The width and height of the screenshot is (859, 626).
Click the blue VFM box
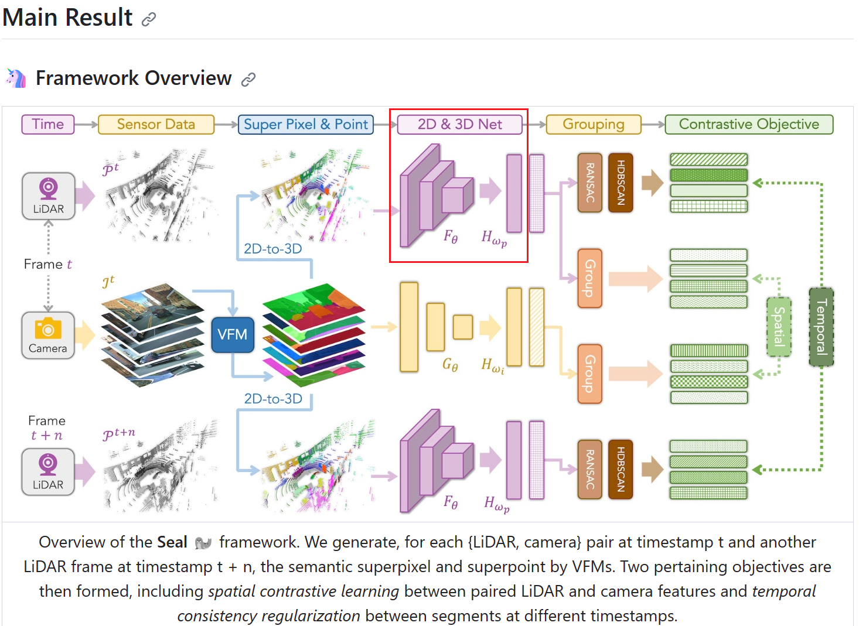[232, 334]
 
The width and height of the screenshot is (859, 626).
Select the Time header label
[48, 124]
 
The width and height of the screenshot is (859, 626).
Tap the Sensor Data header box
[156, 124]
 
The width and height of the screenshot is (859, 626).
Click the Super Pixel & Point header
[305, 124]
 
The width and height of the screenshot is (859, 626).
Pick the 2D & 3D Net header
[459, 124]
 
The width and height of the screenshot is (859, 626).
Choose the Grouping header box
[593, 124]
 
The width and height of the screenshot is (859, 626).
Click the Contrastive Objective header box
[748, 124]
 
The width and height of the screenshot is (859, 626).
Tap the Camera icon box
[48, 335]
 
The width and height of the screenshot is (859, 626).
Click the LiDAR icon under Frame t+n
[48, 472]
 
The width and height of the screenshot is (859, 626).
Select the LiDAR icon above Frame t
[48, 196]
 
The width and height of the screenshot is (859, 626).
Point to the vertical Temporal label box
[821, 327]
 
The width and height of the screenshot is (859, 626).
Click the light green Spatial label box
[779, 327]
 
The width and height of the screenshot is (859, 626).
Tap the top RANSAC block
[589, 182]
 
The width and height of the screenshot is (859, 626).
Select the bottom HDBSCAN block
[621, 469]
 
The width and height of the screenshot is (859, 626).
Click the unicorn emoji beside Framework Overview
[16, 78]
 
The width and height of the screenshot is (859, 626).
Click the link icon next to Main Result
[149, 19]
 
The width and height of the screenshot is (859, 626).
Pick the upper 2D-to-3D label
[272, 249]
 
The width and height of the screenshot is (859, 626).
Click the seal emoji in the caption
[203, 543]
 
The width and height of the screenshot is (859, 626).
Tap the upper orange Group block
[589, 278]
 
